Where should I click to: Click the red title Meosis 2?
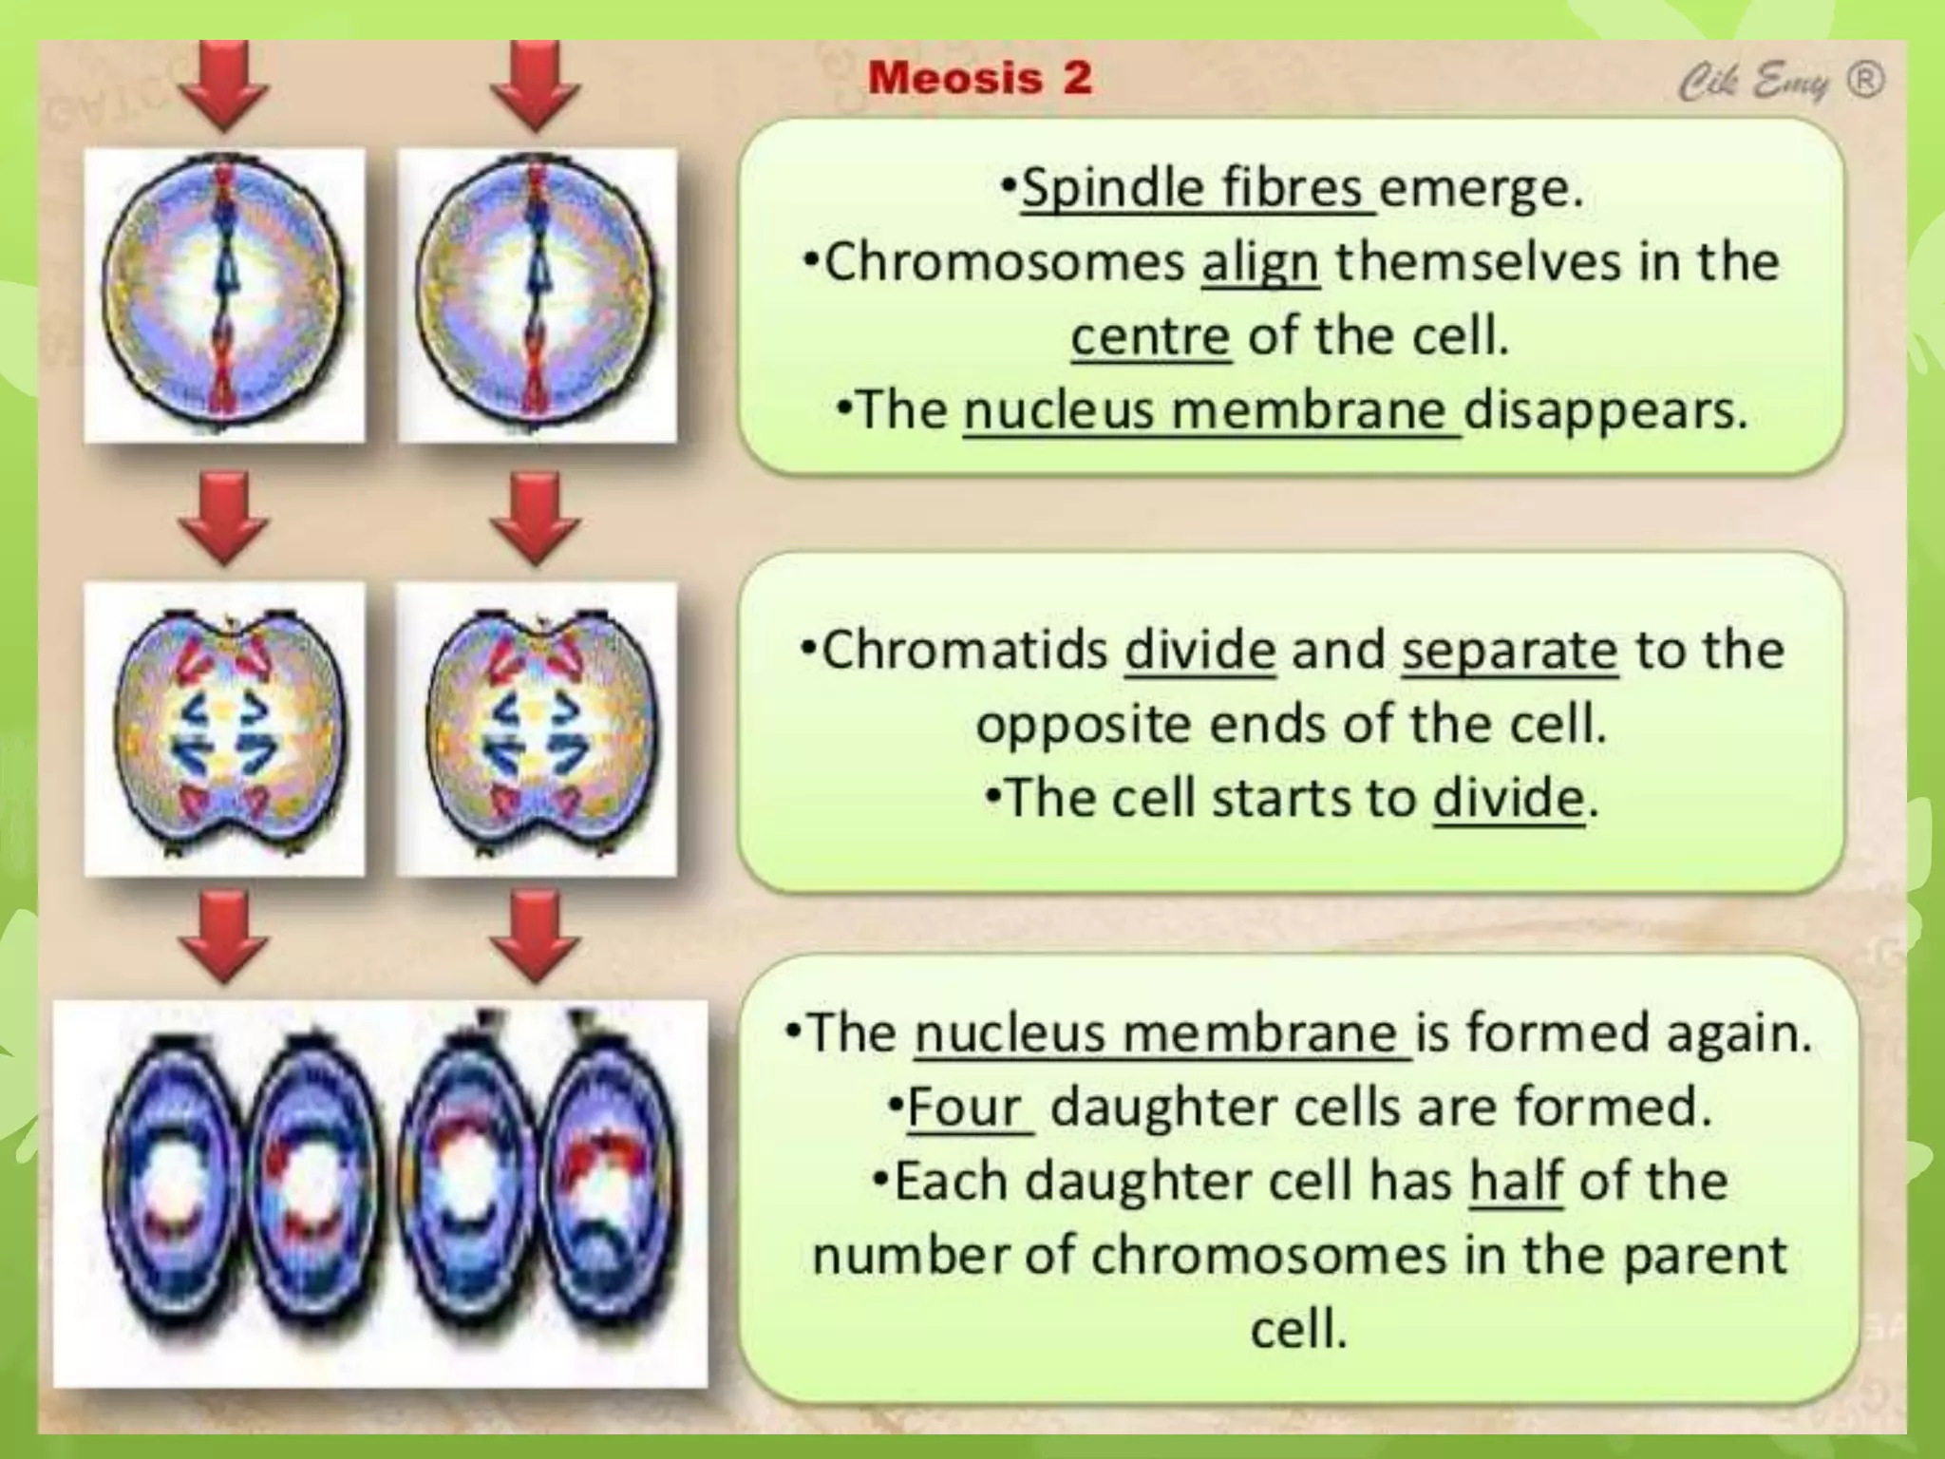[x=979, y=77]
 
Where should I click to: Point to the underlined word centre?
[x=1150, y=336]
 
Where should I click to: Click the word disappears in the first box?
[x=1605, y=410]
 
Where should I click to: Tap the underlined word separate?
[x=1509, y=651]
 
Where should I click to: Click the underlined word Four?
[x=966, y=1107]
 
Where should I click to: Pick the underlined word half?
[x=1516, y=1181]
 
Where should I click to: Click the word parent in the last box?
[x=1705, y=1255]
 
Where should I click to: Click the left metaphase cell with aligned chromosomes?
[x=224, y=294]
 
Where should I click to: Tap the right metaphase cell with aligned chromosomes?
[x=537, y=294]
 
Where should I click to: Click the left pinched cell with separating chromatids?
[x=224, y=729]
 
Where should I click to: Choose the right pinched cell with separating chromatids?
[x=537, y=729]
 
